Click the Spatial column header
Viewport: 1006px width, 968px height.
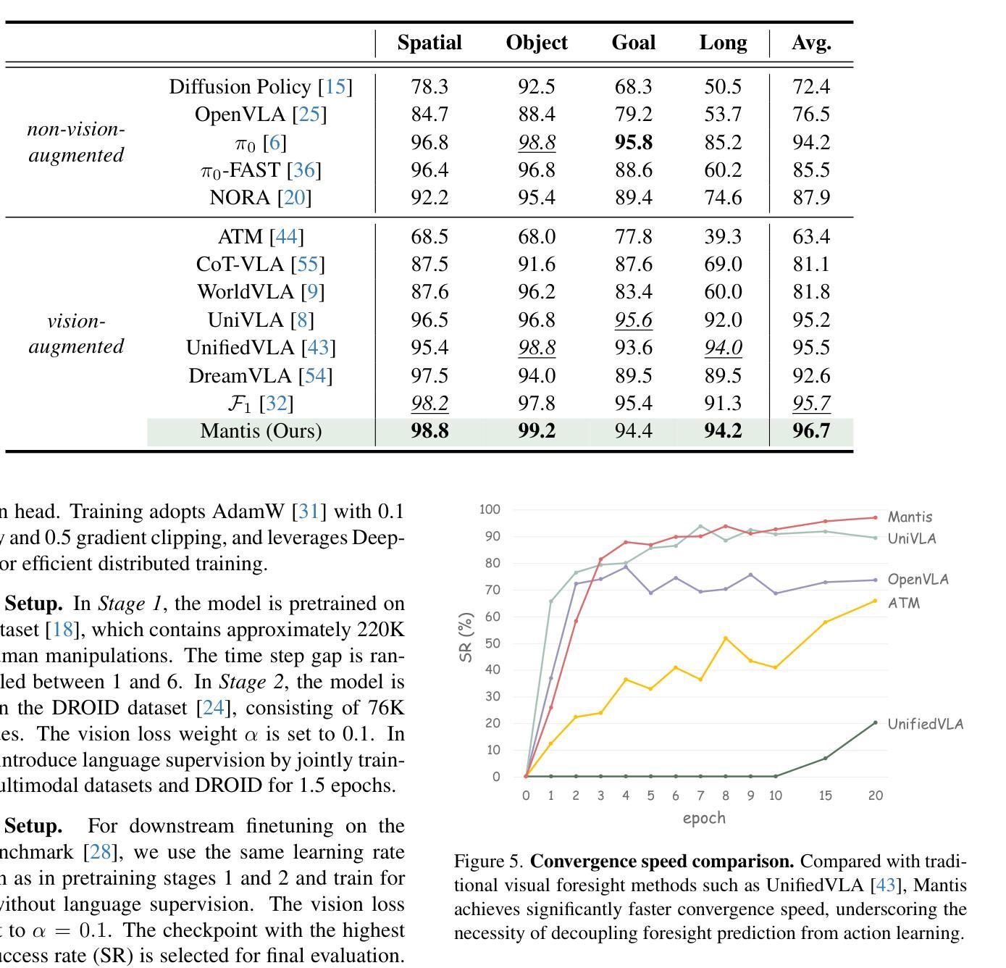pos(429,43)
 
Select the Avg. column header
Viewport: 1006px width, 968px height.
pos(811,43)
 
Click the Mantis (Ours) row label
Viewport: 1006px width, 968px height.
pos(261,431)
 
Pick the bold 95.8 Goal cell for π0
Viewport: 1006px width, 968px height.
pos(634,142)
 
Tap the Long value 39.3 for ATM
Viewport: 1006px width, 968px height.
pos(723,237)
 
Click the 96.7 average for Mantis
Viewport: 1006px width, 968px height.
pos(811,431)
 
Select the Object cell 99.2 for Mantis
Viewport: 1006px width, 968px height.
pos(537,431)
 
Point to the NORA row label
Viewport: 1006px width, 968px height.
pos(261,198)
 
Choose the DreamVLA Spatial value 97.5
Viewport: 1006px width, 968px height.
pos(429,376)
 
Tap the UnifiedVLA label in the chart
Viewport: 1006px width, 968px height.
pos(925,724)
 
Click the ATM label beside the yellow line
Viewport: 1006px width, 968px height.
pos(903,603)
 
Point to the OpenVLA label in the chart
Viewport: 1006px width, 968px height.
pos(918,579)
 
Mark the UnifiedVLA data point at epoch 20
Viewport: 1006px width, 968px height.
pos(876,722)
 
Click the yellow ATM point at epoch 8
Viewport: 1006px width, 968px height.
pos(726,638)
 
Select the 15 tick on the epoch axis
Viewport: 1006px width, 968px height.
pos(826,796)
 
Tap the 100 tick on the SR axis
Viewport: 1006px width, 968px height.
pos(490,509)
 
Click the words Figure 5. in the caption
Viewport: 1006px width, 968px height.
pos(488,861)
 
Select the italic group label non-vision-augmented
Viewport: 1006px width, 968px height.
pos(76,142)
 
